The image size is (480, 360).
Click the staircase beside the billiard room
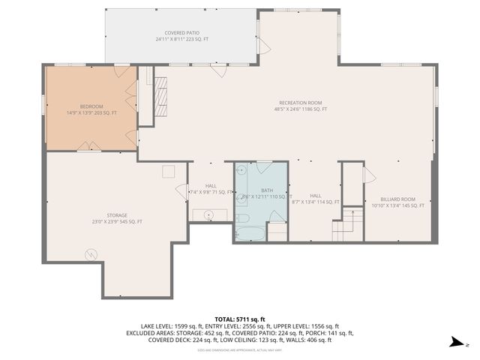point(347,224)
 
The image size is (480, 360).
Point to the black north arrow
point(455,343)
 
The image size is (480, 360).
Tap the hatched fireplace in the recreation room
point(160,95)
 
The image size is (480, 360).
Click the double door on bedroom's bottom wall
point(89,146)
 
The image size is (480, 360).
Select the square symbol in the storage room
point(169,172)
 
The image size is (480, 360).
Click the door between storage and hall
point(181,190)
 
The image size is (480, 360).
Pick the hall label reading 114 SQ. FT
point(315,199)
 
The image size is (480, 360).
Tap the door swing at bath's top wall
point(264,166)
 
